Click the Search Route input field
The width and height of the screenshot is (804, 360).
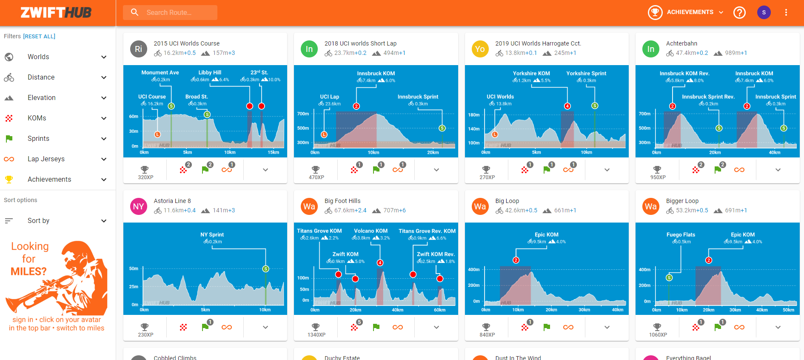pyautogui.click(x=179, y=12)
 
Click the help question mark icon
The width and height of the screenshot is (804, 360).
pyautogui.click(x=739, y=12)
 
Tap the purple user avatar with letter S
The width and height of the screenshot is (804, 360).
pyautogui.click(x=764, y=12)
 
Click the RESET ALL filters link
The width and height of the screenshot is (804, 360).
pyautogui.click(x=39, y=37)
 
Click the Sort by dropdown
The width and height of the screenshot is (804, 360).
pyautogui.click(x=55, y=221)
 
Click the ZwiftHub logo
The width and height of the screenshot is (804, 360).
pyautogui.click(x=56, y=13)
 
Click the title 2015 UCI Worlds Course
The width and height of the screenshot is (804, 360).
pyautogui.click(x=187, y=43)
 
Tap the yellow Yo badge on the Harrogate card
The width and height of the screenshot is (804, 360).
pyautogui.click(x=480, y=49)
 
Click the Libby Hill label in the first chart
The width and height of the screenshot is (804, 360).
pyautogui.click(x=210, y=73)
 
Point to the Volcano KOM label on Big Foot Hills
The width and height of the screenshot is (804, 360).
pyautogui.click(x=371, y=231)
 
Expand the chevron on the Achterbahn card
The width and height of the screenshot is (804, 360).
pyautogui.click(x=778, y=170)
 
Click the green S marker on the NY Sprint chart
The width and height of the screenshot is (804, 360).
pyautogui.click(x=265, y=269)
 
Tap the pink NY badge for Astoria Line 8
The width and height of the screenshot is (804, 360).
pyautogui.click(x=138, y=206)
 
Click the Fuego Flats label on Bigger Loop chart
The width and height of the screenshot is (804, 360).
pyautogui.click(x=681, y=235)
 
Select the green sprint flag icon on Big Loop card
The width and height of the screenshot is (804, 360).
pyautogui.click(x=547, y=327)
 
